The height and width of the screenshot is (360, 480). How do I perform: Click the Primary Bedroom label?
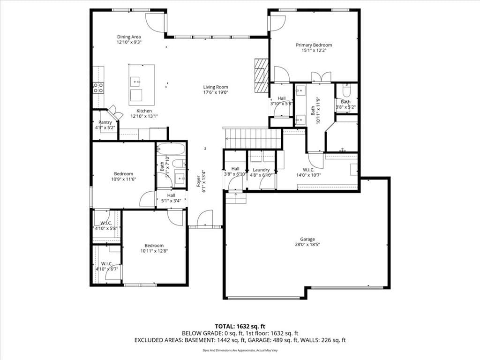pyautogui.click(x=314, y=45)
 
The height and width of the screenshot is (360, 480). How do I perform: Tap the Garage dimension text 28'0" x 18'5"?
pyautogui.click(x=307, y=245)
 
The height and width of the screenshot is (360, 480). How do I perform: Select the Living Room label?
pyautogui.click(x=216, y=87)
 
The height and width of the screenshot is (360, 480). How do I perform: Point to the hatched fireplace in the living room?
pyautogui.click(x=261, y=75)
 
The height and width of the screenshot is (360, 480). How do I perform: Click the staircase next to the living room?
pyautogui.click(x=253, y=138)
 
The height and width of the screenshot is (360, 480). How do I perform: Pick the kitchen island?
pyautogui.click(x=141, y=85)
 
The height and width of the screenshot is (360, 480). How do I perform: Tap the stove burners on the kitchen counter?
pyautogui.click(x=98, y=88)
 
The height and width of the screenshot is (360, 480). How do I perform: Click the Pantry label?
pyautogui.click(x=105, y=122)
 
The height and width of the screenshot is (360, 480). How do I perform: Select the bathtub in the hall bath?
pyautogui.click(x=171, y=149)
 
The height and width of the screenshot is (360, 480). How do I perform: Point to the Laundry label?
pyautogui.click(x=261, y=170)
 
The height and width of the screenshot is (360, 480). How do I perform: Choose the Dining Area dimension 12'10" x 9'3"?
pyautogui.click(x=129, y=43)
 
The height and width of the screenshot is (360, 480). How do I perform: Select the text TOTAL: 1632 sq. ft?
pyautogui.click(x=238, y=326)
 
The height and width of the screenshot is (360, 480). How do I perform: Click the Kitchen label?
pyautogui.click(x=144, y=111)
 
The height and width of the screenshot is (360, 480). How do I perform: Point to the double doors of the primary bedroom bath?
pyautogui.click(x=321, y=77)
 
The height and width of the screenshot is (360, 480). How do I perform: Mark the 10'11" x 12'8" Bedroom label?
pyautogui.click(x=154, y=246)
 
